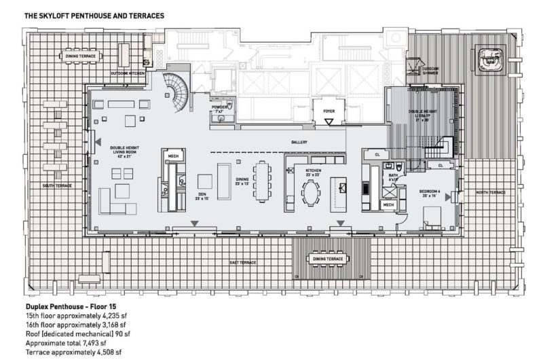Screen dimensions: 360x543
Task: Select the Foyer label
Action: point(329,107)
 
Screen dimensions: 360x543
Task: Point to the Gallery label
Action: point(299,142)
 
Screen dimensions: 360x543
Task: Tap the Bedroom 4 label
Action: point(430,192)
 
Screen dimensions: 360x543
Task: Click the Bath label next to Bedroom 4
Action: point(393,175)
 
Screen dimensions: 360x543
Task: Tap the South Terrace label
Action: point(57,185)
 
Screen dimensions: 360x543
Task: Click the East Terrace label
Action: point(242,262)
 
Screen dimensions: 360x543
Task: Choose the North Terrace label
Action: point(490,192)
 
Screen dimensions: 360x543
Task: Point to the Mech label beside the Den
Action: point(173,156)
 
